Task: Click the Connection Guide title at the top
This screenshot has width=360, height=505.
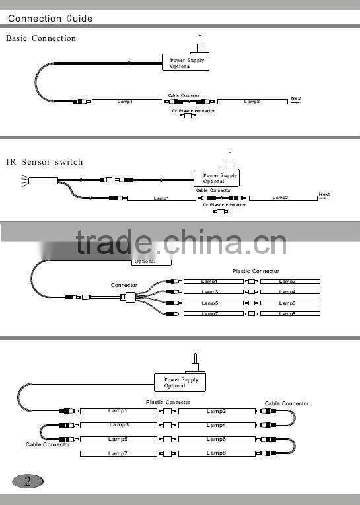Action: [x=50, y=19]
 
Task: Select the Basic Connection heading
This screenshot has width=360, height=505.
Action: [x=41, y=38]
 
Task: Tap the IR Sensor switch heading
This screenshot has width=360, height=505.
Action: [x=45, y=161]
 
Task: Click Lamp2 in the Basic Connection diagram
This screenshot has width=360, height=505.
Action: [x=252, y=102]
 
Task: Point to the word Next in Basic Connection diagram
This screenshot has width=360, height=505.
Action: [x=296, y=99]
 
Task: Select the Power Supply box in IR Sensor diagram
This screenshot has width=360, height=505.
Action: [x=217, y=178]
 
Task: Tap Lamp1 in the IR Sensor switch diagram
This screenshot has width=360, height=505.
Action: [x=161, y=198]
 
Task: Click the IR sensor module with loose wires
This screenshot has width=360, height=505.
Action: [x=43, y=179]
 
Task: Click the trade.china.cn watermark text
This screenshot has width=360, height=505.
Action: [x=180, y=241]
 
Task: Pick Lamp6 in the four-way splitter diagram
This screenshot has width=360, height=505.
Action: [x=289, y=303]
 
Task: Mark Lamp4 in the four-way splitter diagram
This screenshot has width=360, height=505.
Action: [x=289, y=292]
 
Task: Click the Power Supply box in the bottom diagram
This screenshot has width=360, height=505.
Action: [x=180, y=383]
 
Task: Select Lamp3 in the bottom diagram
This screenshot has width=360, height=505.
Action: [x=119, y=425]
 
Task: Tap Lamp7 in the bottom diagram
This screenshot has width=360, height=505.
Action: [x=119, y=453]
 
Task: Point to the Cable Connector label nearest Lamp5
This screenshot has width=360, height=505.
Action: [x=48, y=445]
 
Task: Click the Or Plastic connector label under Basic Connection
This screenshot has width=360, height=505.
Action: [x=194, y=111]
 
